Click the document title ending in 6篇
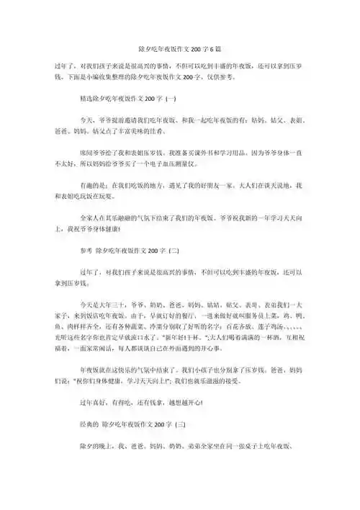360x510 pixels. pyautogui.click(x=179, y=48)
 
